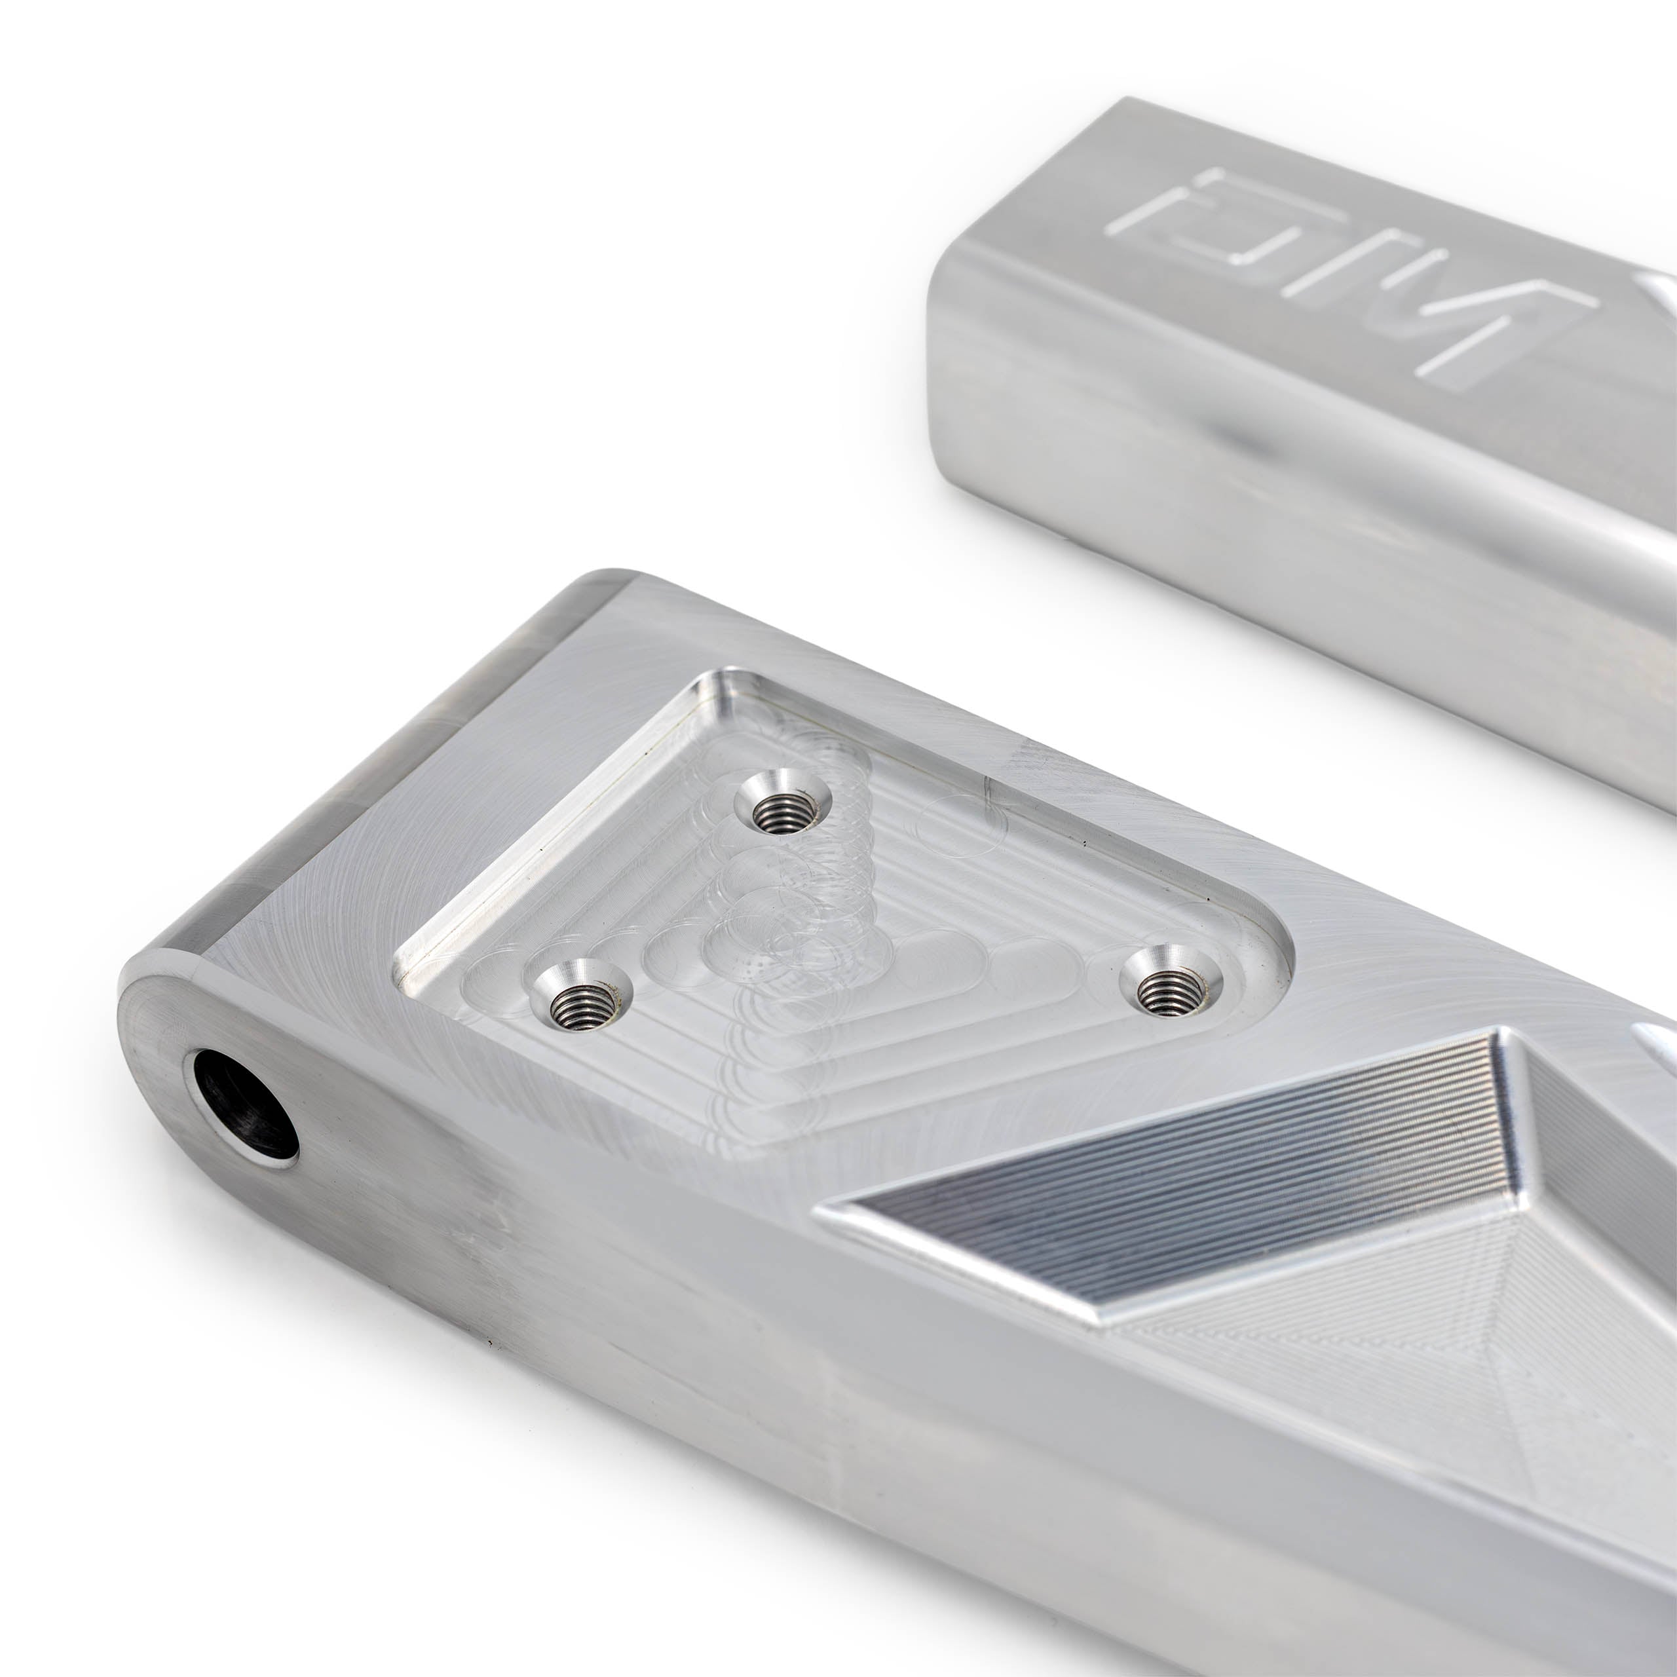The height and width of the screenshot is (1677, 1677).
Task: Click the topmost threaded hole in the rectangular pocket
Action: (x=782, y=801)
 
